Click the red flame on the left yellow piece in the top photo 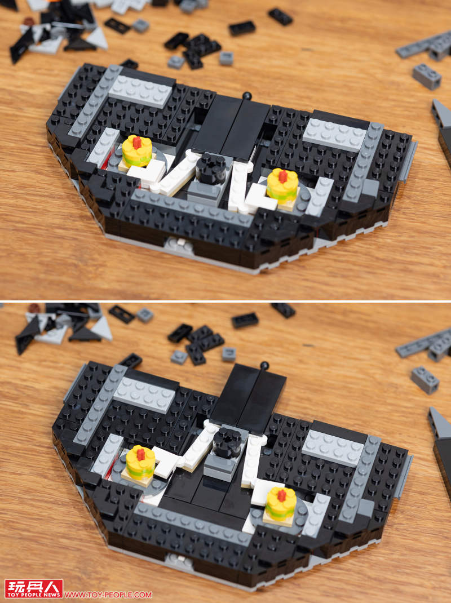tap(137, 142)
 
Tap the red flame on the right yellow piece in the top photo tap(283, 176)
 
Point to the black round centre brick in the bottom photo tap(227, 442)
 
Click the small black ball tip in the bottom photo tap(264, 365)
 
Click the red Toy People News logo tap(33, 588)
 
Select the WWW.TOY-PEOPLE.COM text tap(108, 595)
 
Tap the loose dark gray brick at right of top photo tap(427, 77)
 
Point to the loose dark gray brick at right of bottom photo tap(425, 380)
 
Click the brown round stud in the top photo tap(29, 21)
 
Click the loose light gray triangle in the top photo tap(98, 39)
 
